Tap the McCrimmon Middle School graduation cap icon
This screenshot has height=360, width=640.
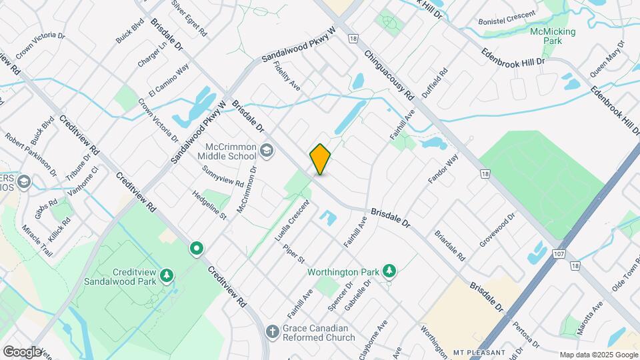pyautogui.click(x=267, y=151)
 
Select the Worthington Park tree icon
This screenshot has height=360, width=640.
pyautogui.click(x=390, y=271)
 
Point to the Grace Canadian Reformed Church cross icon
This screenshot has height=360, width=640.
pyautogui.click(x=272, y=331)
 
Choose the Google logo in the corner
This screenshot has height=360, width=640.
pyautogui.click(x=21, y=351)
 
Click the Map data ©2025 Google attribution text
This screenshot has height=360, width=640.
pyautogui.click(x=598, y=355)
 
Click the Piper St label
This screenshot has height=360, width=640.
pyautogui.click(x=293, y=253)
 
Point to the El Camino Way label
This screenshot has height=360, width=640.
pyautogui.click(x=169, y=80)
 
